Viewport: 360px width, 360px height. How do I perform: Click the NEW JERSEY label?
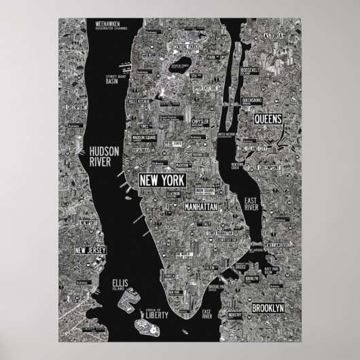pyautogui.click(x=90, y=251)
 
